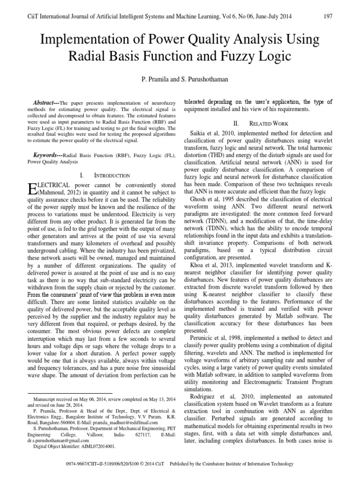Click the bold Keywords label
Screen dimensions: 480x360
[48, 154]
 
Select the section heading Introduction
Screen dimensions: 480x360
[112, 175]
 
